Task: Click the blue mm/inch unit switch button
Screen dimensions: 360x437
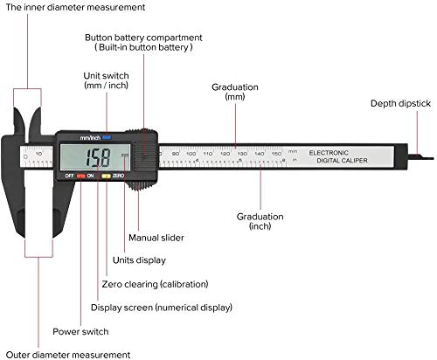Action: [x=107, y=136]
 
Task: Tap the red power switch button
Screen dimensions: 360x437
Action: [x=80, y=176]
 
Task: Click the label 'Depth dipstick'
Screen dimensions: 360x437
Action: [x=400, y=103]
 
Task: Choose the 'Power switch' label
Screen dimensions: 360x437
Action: [x=81, y=331]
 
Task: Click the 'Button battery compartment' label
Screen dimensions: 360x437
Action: [x=156, y=43]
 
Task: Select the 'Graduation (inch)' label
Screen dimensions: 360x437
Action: [x=260, y=221]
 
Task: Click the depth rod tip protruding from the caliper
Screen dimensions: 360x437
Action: [x=426, y=157]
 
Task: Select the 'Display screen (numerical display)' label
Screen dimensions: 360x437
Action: [x=162, y=308]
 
